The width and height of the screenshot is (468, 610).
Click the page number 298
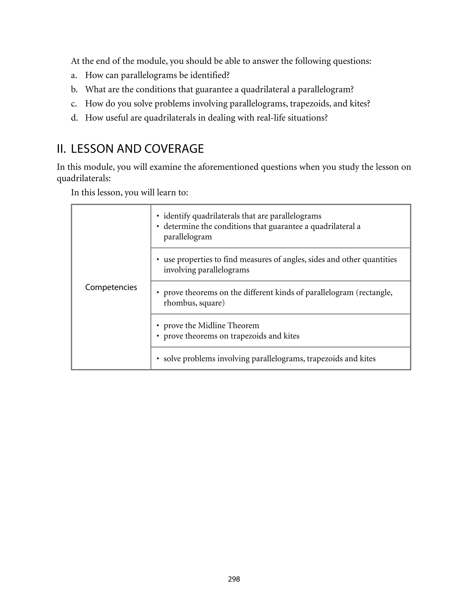[234, 579]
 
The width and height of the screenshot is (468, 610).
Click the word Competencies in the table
[111, 287]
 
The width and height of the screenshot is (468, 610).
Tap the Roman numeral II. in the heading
[61, 149]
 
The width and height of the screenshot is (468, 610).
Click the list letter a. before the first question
[74, 75]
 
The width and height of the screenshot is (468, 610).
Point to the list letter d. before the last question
[74, 118]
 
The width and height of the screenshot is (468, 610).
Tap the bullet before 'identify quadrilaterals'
[158, 216]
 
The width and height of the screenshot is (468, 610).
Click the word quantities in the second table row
[381, 259]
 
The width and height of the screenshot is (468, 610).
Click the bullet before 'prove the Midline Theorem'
[158, 326]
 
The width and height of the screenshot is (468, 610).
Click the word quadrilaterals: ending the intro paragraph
[84, 178]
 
